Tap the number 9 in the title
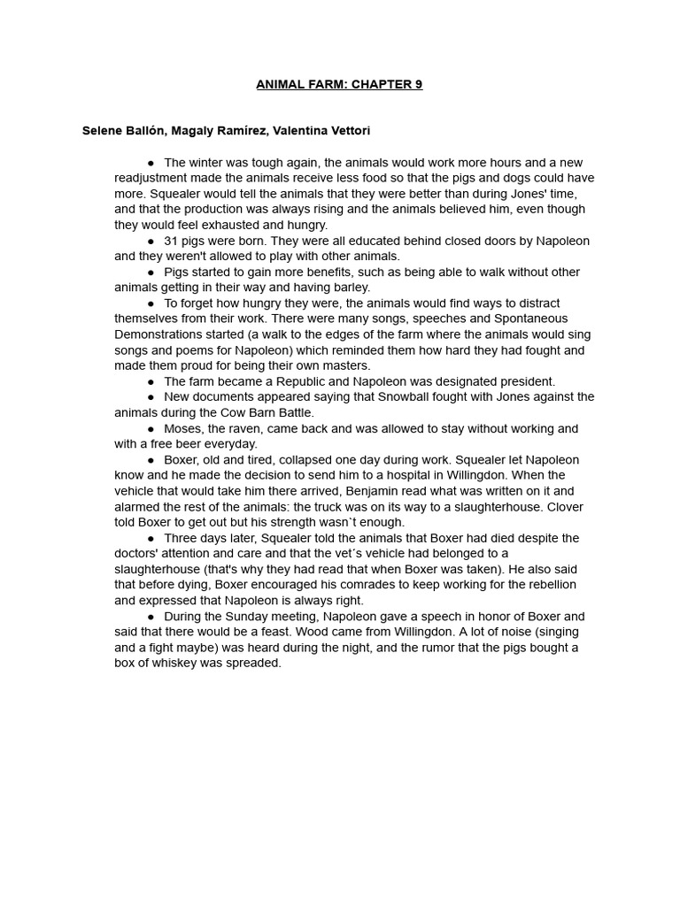pos(418,85)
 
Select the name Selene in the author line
pos(103,131)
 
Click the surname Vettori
pos(345,131)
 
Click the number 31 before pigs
pos(171,241)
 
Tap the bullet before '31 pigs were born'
pos(151,241)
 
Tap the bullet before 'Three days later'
pos(151,538)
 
